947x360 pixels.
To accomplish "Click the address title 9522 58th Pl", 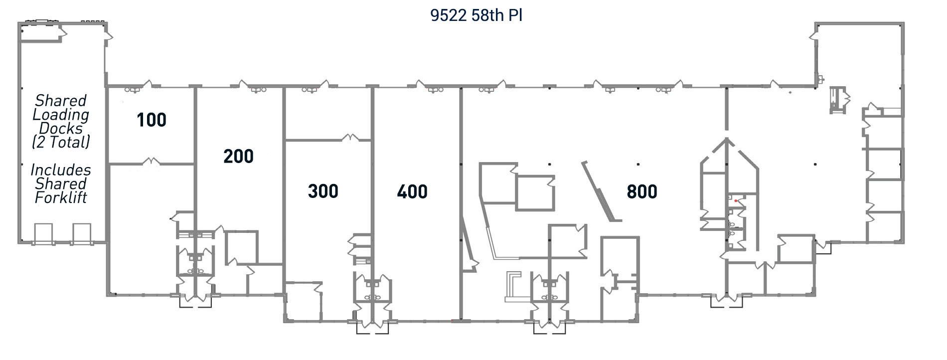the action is (x=476, y=15).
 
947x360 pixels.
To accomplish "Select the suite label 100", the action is (x=152, y=120).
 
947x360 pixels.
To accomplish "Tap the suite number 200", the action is (x=238, y=157).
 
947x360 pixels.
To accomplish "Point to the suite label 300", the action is (x=323, y=191).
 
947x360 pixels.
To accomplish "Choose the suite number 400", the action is (x=412, y=191).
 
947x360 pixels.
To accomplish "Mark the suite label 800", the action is (x=642, y=191).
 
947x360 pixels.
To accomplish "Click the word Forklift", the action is (x=61, y=198).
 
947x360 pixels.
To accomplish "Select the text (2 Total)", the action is (x=61, y=143).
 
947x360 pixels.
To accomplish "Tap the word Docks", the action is (x=61, y=129).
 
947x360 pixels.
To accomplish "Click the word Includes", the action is (x=61, y=170).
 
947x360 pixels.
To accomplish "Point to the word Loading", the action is (x=61, y=115).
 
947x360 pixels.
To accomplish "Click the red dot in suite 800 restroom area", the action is (x=736, y=201).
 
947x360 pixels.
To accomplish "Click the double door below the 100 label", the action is (x=151, y=161).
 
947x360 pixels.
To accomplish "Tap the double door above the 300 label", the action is (x=350, y=137).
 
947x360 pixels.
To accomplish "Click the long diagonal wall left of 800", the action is (x=601, y=191).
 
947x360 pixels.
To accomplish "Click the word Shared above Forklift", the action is (x=61, y=184).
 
